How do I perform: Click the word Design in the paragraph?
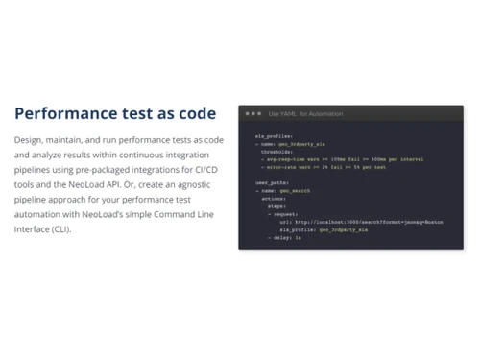[30, 140]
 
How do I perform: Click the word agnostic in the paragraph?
[204, 184]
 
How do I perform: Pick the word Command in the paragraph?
[185, 214]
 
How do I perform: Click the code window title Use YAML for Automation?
[305, 114]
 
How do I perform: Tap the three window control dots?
[253, 114]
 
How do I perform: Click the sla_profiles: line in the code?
[274, 136]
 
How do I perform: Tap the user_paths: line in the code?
[272, 182]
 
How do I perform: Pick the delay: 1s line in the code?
[286, 237]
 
